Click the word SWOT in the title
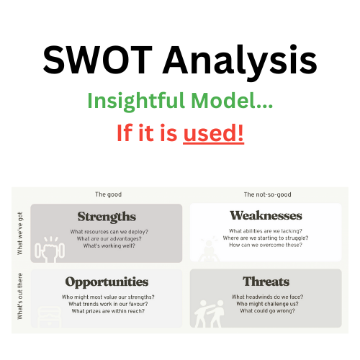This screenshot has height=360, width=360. tap(97, 60)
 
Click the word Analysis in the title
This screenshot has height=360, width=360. tap(240, 63)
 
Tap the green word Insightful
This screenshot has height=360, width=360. tap(136, 102)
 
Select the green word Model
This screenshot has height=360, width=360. tap(232, 101)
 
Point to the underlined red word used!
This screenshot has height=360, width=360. tap(213, 133)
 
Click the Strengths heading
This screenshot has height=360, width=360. tap(107, 217)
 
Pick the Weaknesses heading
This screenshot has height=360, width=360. tap(266, 215)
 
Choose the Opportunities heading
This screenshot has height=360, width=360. tap(107, 282)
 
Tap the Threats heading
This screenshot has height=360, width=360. tap(266, 282)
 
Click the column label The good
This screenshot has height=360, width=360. tap(108, 194)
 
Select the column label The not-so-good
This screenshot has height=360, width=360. tap(267, 194)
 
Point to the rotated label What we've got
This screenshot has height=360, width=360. tap(20, 233)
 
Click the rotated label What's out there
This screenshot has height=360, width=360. tap(20, 296)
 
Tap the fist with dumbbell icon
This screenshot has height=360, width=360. tap(50, 250)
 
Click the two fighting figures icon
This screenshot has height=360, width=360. tap(209, 314)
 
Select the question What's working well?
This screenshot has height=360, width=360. tap(109, 246)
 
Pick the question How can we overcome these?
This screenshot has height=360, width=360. tap(266, 245)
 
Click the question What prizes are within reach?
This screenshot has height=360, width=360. tap(108, 311)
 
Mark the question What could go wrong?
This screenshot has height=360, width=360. tap(267, 311)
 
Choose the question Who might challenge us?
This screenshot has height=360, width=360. tap(267, 304)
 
